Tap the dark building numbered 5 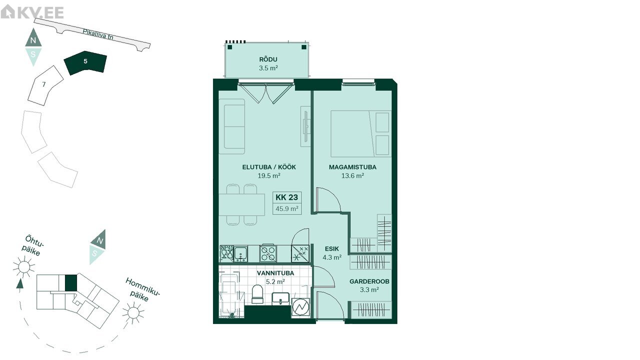[x=85, y=63]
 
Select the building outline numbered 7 [x=45, y=85]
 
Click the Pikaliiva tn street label [x=98, y=34]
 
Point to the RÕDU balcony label [x=268, y=59]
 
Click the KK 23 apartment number [x=286, y=197]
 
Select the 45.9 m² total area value [x=287, y=208]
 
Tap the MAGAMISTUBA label [x=352, y=167]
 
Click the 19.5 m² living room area [x=269, y=175]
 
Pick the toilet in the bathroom [x=257, y=294]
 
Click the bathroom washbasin [x=280, y=299]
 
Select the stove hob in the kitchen [x=268, y=253]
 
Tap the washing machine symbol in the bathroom [x=300, y=307]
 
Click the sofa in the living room [x=232, y=126]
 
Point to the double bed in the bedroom [x=361, y=133]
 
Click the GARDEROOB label [x=369, y=281]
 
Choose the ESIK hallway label [x=331, y=249]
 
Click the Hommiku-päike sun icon [x=133, y=313]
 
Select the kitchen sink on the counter [x=241, y=253]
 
